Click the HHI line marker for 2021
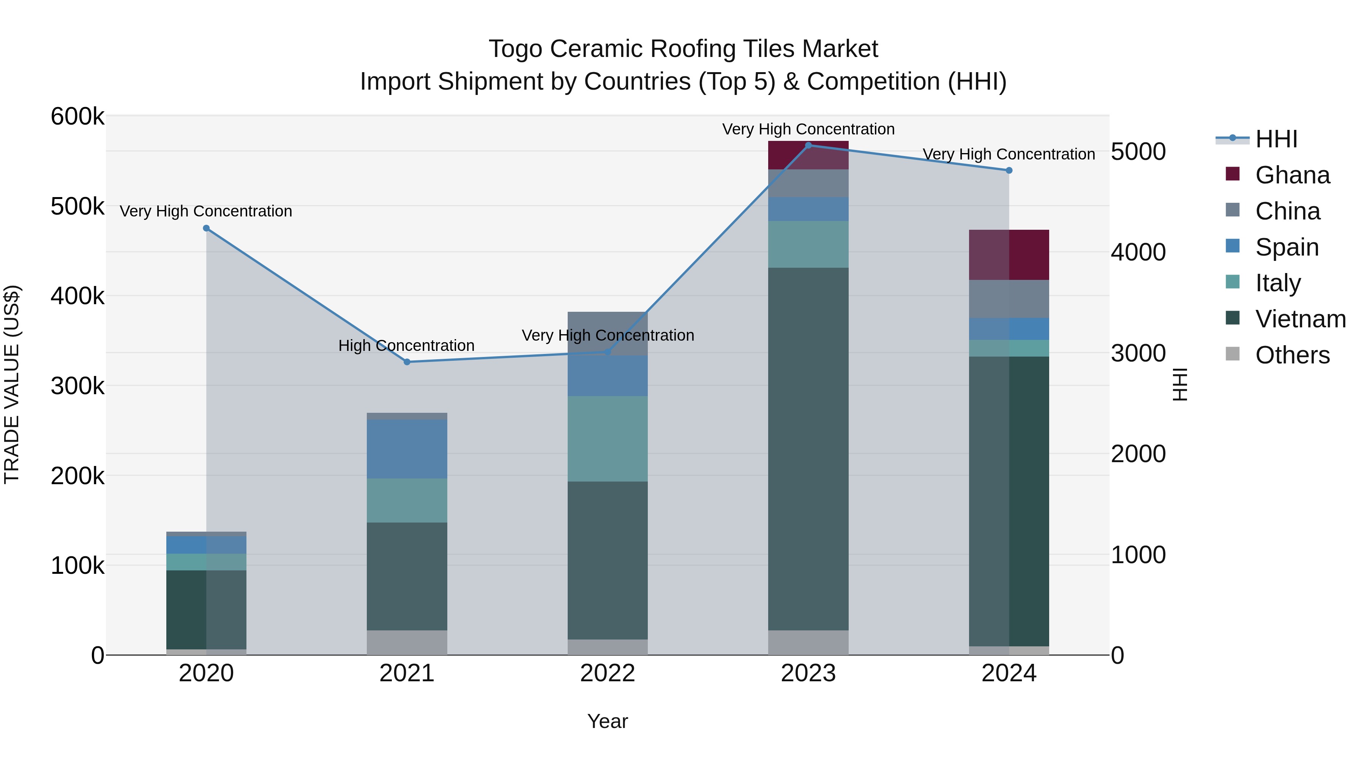click(x=407, y=362)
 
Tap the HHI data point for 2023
click(x=808, y=145)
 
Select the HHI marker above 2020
click(x=207, y=228)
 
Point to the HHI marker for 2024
click(x=1009, y=171)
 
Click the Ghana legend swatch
click(x=1232, y=174)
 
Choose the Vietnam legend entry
click(x=1300, y=319)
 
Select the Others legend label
click(x=1292, y=355)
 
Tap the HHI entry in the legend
click(x=1276, y=139)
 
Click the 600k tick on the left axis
click(x=77, y=116)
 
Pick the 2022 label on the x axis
click(x=608, y=673)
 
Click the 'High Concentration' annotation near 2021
click(x=406, y=346)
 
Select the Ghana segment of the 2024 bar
click(x=1009, y=255)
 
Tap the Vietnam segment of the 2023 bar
click(x=808, y=448)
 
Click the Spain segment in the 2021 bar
click(x=407, y=449)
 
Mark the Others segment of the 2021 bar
click(x=407, y=642)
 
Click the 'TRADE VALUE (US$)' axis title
click(x=12, y=384)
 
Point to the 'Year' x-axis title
click(x=608, y=721)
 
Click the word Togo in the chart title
click(x=515, y=49)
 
